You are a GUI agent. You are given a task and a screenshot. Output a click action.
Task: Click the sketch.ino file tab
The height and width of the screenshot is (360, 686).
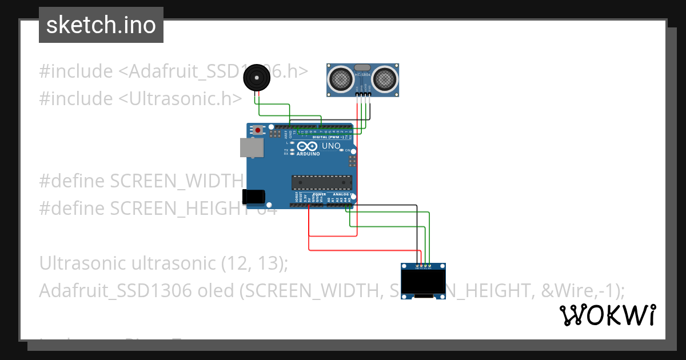coord(101,25)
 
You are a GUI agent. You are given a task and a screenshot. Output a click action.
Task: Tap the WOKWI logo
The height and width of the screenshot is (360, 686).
coord(607,315)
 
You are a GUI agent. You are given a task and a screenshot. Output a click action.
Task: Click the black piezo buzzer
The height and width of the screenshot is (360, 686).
coord(256,77)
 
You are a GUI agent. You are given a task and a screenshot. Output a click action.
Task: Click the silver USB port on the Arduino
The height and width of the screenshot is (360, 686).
coord(252,148)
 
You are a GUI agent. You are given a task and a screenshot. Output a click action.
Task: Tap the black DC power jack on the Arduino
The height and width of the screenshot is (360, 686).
coord(253,197)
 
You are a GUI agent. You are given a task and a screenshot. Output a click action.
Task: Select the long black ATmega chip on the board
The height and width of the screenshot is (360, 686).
coord(321,182)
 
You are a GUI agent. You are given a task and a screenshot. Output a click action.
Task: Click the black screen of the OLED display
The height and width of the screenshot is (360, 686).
coord(423,281)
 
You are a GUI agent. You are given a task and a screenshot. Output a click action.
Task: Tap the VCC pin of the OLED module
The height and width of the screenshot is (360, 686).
coord(421,266)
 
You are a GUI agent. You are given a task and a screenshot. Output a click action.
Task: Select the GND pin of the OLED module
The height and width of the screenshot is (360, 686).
coord(417,266)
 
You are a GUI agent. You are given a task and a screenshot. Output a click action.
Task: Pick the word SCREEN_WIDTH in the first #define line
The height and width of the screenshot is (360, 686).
coord(177,181)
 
